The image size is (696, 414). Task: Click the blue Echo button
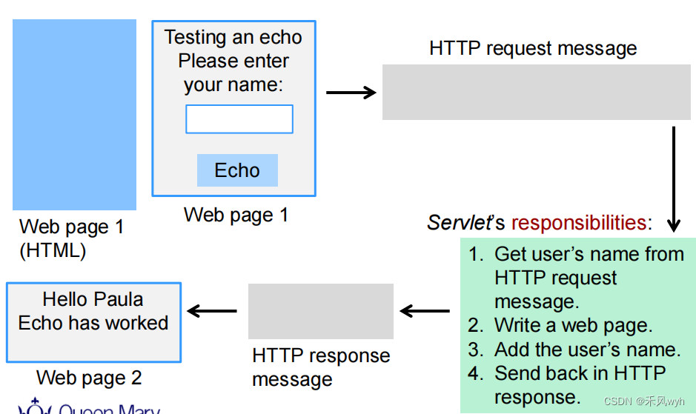(x=237, y=170)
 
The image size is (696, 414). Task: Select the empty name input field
(x=239, y=119)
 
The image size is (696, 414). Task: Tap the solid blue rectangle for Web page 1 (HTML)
(x=74, y=115)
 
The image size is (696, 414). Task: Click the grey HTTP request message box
(x=536, y=92)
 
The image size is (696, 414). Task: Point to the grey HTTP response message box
(x=320, y=311)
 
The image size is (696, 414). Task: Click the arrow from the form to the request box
(x=351, y=93)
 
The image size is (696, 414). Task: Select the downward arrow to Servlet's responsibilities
(x=674, y=178)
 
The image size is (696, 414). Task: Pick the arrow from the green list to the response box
(x=425, y=311)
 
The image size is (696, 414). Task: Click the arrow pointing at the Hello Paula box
(x=213, y=311)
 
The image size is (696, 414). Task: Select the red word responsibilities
(x=578, y=223)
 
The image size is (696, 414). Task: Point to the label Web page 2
(x=89, y=378)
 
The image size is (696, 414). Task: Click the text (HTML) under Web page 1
(x=53, y=250)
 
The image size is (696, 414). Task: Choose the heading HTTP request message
(x=533, y=49)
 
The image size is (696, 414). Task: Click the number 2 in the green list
(x=475, y=325)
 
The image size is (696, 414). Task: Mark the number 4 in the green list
(x=475, y=373)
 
